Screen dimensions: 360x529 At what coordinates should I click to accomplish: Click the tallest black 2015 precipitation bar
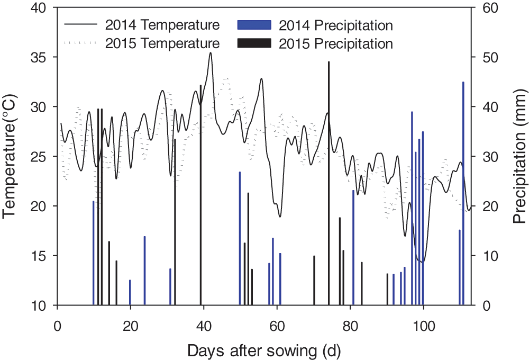point(329,183)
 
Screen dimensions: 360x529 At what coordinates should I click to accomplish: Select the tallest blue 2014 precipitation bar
point(463,194)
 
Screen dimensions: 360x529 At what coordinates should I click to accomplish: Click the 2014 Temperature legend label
point(161,25)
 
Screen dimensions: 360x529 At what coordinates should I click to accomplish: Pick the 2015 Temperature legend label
point(161,43)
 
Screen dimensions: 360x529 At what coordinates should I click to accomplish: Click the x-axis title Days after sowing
point(262,349)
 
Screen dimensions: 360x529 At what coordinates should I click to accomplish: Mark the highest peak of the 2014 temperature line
point(211,53)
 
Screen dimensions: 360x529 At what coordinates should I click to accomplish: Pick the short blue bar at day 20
point(130,293)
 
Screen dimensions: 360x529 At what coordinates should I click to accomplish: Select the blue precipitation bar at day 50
point(240,238)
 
